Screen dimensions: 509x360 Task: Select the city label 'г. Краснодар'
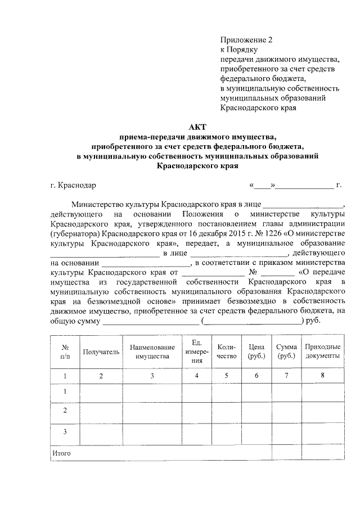coord(73,184)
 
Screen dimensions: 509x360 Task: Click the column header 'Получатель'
coord(101,352)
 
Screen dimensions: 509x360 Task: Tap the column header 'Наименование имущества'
coord(152,352)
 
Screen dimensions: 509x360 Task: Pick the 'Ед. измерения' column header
coord(197,352)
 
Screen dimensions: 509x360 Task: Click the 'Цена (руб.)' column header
coord(256,352)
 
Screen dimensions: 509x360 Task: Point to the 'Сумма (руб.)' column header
coord(286,352)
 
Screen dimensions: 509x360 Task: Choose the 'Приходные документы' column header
coord(322,352)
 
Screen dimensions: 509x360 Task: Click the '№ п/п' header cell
coord(65,352)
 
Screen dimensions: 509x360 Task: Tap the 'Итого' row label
coord(61,453)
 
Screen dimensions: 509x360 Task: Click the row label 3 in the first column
coord(65,431)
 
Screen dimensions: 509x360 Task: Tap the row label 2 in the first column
coord(65,411)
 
